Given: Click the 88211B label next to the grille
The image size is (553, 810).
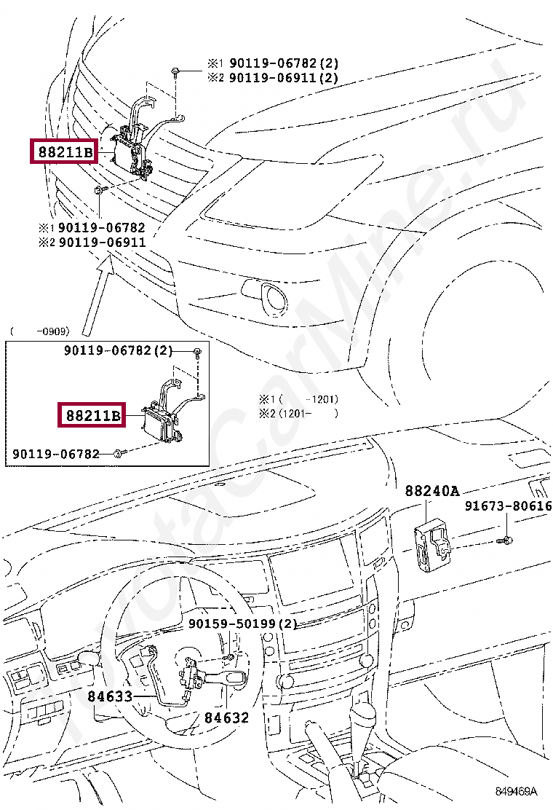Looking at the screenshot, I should pyautogui.click(x=63, y=152).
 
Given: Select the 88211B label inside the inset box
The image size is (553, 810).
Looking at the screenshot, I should pyautogui.click(x=92, y=416).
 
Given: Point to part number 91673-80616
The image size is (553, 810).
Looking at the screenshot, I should pyautogui.click(x=508, y=506).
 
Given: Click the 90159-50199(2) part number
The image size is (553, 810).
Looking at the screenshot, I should pyautogui.click(x=242, y=624).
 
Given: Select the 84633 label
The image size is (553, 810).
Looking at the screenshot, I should pyautogui.click(x=110, y=696).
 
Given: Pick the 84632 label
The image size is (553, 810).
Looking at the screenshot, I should pyautogui.click(x=226, y=717).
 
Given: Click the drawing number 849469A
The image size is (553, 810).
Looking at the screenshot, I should pyautogui.click(x=516, y=792).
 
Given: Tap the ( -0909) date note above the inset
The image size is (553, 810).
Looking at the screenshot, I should pyautogui.click(x=39, y=331).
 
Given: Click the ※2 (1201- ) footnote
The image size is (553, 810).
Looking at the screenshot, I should pyautogui.click(x=298, y=413).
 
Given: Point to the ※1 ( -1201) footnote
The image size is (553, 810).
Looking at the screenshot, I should pyautogui.click(x=298, y=399).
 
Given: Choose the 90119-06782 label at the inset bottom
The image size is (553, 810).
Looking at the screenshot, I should pyautogui.click(x=56, y=455).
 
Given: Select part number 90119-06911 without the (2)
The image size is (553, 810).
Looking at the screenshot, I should pyautogui.click(x=102, y=242).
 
